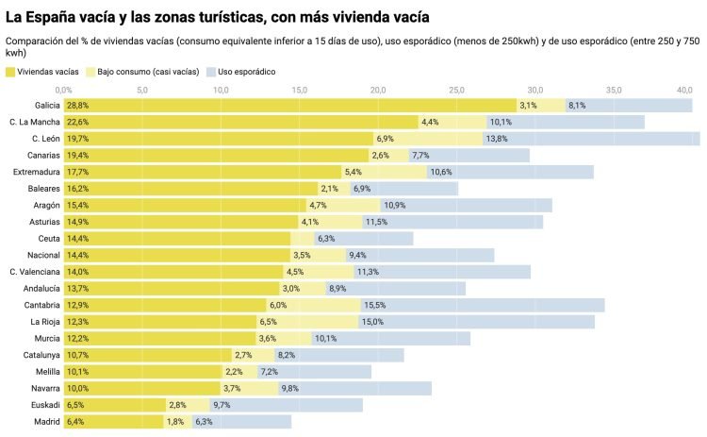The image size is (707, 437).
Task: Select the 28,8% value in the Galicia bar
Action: click(77, 105)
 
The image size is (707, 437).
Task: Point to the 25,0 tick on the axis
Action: click(456, 90)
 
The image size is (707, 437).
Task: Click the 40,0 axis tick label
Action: click(684, 90)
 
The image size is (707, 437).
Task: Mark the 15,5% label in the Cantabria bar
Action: click(374, 305)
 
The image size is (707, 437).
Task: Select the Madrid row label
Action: click(47, 422)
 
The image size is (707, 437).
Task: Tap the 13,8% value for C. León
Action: click(496, 139)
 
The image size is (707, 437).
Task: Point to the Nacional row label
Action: click(42, 255)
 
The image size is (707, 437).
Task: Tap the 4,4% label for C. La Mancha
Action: click(430, 122)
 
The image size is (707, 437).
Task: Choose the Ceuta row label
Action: click(47, 238)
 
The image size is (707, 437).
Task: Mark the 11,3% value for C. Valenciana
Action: click(368, 272)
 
